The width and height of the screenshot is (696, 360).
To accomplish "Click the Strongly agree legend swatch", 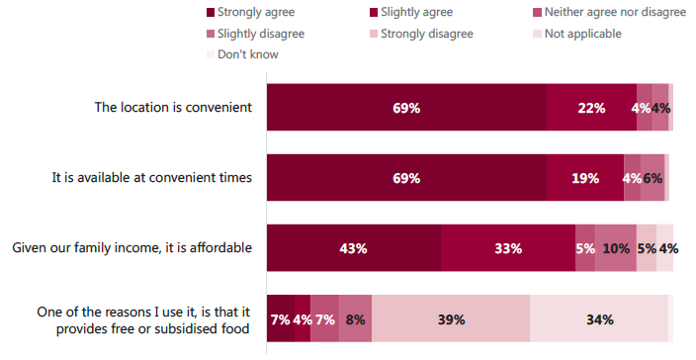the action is (211, 13).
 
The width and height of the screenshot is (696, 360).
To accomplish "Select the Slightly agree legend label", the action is (416, 13).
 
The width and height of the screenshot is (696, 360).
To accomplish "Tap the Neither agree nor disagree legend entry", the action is (609, 13).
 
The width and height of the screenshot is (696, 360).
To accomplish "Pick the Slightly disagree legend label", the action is (261, 34).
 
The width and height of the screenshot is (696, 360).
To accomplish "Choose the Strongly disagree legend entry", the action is (421, 34).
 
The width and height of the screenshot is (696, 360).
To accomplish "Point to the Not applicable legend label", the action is (583, 34).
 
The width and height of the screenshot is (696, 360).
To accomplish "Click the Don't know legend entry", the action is (242, 54).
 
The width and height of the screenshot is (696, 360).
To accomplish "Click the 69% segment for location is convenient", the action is (406, 108).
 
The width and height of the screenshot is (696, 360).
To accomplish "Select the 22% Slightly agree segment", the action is (591, 108).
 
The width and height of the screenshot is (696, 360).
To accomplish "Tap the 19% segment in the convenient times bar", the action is (585, 178).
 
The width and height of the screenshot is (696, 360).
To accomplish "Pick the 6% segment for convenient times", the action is (652, 178).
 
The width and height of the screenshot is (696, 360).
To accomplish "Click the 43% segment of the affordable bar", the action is (354, 247).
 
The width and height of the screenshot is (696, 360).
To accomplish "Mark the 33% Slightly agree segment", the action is (508, 247).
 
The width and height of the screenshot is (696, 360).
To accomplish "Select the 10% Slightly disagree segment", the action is (616, 247).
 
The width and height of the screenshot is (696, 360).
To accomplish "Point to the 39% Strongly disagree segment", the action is (451, 318).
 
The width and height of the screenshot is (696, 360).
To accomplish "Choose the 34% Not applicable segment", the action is (599, 318).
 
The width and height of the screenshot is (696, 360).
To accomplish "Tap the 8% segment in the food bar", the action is (356, 318).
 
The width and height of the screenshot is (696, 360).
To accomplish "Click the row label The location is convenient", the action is (173, 108).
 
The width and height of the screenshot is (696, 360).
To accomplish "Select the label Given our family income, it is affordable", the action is (131, 247).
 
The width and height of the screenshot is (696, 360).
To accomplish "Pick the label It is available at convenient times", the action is (152, 178).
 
